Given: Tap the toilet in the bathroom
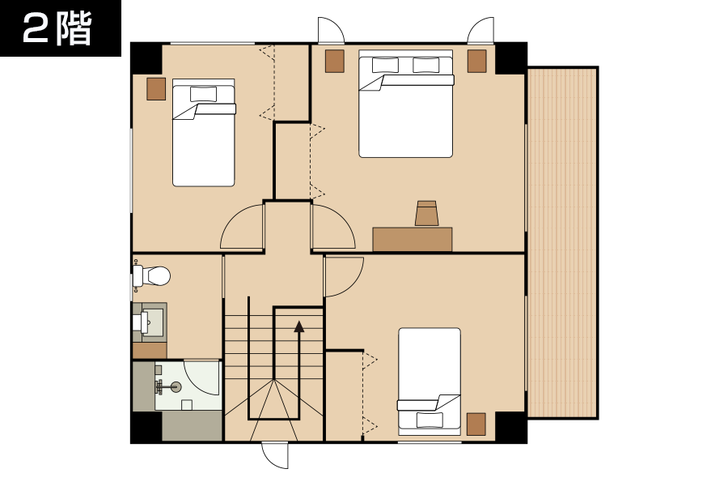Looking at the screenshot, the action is coord(152,276).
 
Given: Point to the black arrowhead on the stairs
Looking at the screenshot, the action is coord(299,327).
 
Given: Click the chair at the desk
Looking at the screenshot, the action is coord(426,214).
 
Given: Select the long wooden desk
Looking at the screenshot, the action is coord(413,240).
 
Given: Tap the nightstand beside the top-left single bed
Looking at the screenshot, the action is coord(156,89).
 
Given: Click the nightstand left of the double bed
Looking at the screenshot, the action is coord(335,61).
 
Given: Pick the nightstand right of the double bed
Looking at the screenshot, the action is coord(476,61).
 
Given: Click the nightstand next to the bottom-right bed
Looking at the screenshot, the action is coord(476,424).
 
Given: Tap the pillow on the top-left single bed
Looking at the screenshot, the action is coord(203,94).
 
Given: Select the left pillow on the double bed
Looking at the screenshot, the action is coord(385,65).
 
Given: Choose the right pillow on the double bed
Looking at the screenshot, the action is coord(425,65).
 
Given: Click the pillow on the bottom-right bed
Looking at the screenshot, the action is coord(430,420).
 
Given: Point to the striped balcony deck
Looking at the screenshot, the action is coord(562,243).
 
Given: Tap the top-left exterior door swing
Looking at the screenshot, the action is coord(331,31).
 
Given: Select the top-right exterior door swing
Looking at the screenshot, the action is coord(480,31).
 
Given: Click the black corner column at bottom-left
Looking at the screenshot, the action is coord(146,428).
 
